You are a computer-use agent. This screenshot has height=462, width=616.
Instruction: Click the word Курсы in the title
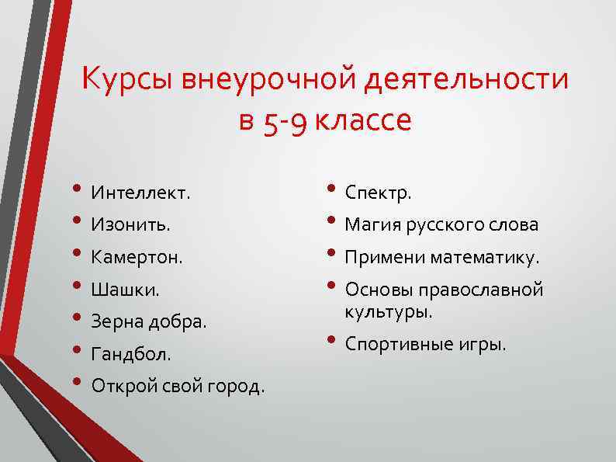pyautogui.click(x=126, y=80)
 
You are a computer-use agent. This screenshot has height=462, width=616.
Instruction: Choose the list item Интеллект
pyautogui.click(x=140, y=193)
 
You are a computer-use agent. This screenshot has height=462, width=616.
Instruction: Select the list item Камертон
pyautogui.click(x=137, y=257)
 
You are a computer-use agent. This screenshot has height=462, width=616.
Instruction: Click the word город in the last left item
pyautogui.click(x=234, y=386)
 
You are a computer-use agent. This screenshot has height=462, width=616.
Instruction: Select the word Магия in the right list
pyautogui.click(x=370, y=225)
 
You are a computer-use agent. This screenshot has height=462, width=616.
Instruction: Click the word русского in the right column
pyautogui.click(x=439, y=225)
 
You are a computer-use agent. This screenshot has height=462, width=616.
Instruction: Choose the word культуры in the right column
pyautogui.click(x=386, y=311)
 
